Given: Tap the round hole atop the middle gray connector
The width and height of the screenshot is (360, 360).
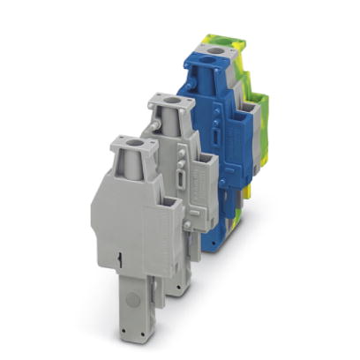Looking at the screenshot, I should point(165,103).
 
